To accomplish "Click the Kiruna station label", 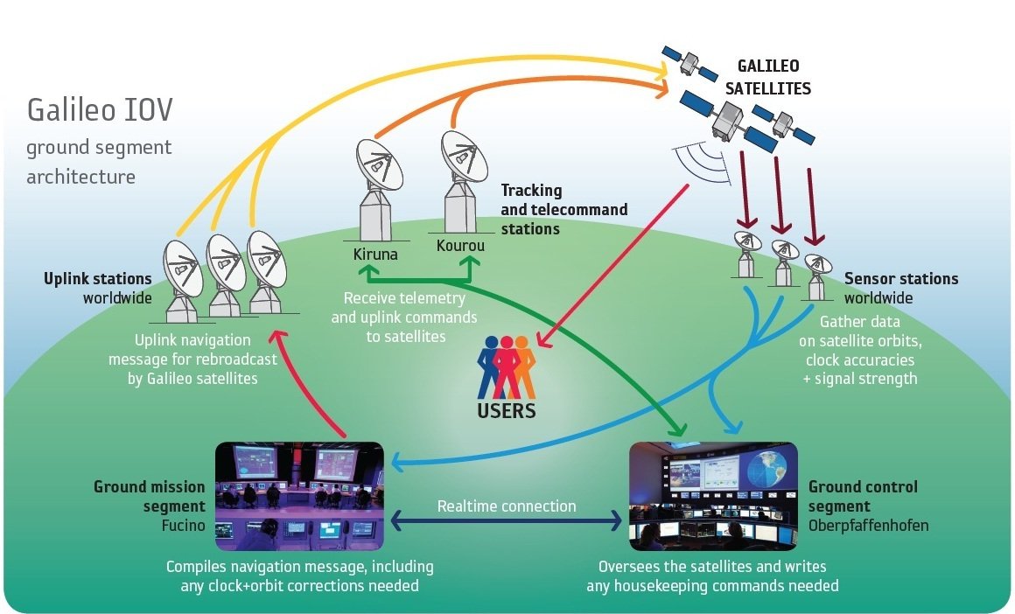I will click(x=374, y=255).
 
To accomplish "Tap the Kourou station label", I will click(x=459, y=246).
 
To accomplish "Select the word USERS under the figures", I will click(x=507, y=409).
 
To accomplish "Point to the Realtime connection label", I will click(x=507, y=506).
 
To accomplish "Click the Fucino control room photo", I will click(x=299, y=494).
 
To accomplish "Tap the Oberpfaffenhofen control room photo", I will click(x=713, y=495).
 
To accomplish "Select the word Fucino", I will click(x=183, y=526).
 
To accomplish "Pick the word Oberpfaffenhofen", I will click(x=868, y=525).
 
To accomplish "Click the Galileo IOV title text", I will click(x=100, y=110).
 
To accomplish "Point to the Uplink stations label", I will click(x=98, y=279).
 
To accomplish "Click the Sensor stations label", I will click(x=900, y=279).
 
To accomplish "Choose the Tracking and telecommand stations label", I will click(x=563, y=210).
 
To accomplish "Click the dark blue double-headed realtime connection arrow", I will click(x=507, y=522).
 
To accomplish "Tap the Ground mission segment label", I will click(x=150, y=496).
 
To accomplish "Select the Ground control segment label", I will click(x=862, y=496).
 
